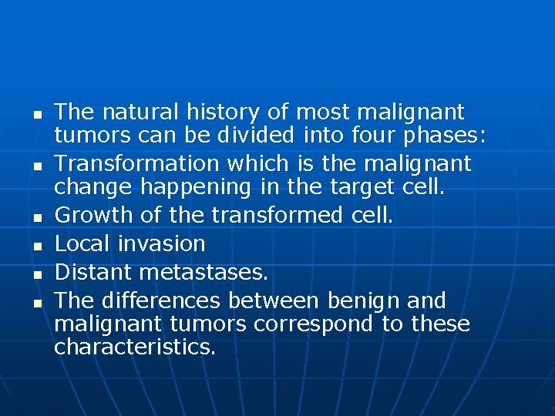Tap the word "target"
[365, 187]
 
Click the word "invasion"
[162, 244]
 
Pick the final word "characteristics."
[135, 347]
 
